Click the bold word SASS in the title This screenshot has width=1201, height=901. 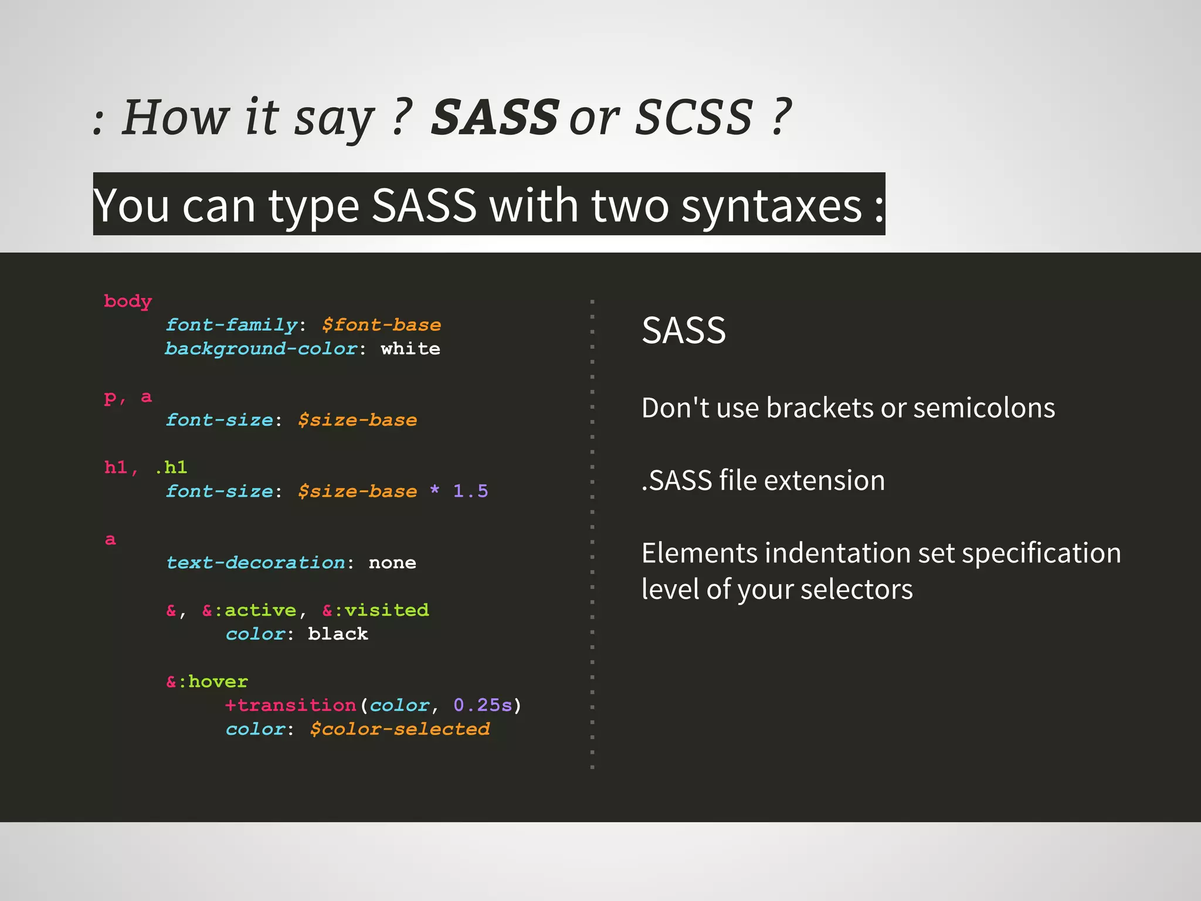click(x=494, y=117)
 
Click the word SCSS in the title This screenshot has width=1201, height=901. click(x=694, y=117)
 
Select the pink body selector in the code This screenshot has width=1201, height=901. click(x=128, y=302)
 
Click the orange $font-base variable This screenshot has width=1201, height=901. click(x=381, y=325)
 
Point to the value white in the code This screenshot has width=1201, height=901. click(x=410, y=349)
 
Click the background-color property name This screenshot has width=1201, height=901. click(x=261, y=349)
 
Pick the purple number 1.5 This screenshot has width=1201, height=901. click(x=470, y=491)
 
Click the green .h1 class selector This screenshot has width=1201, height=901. click(x=171, y=468)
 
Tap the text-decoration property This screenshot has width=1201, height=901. click(x=256, y=563)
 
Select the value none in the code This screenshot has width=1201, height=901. click(x=392, y=563)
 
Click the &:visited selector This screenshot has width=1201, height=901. click(x=375, y=611)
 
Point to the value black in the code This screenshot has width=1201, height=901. click(x=338, y=634)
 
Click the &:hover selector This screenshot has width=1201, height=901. click(x=207, y=682)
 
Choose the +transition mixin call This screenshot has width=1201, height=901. click(x=291, y=705)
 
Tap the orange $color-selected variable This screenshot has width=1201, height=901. click(x=399, y=729)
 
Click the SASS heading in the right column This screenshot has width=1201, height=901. click(x=684, y=331)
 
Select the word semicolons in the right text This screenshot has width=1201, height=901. click(x=983, y=408)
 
